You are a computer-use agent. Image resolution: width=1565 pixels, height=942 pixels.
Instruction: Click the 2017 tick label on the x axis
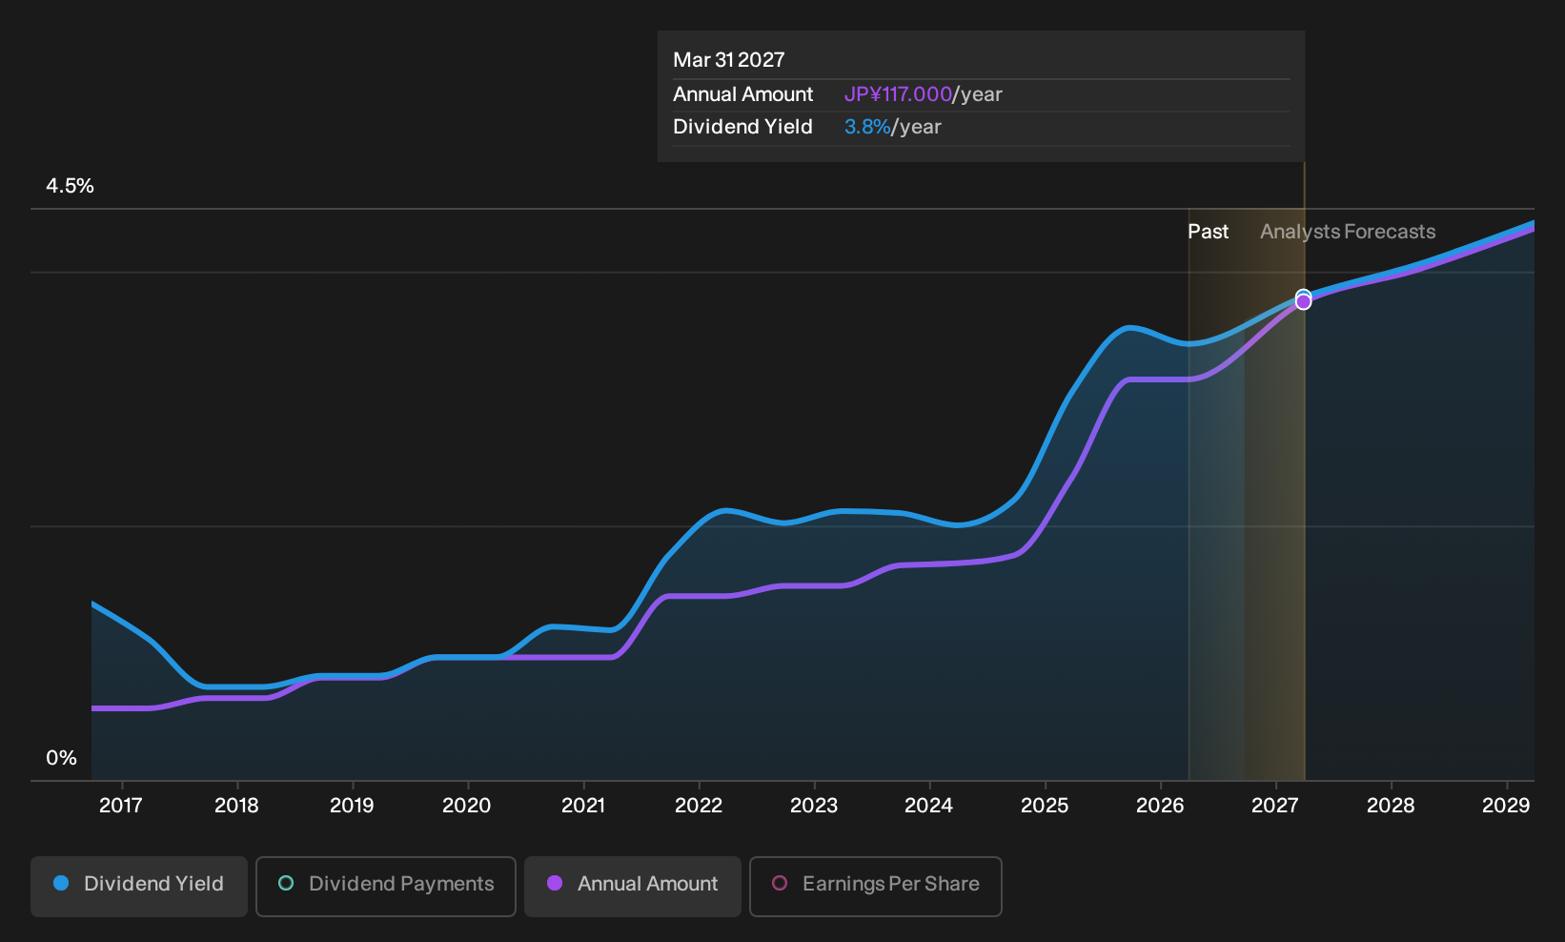(x=121, y=806)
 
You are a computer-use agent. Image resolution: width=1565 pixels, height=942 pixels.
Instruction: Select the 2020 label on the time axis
(x=467, y=806)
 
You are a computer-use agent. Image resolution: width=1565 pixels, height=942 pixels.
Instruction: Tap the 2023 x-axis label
(x=813, y=806)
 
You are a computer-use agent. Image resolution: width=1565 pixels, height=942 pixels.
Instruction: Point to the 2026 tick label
(x=1160, y=806)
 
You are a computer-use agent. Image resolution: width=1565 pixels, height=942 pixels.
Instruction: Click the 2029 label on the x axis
(x=1506, y=806)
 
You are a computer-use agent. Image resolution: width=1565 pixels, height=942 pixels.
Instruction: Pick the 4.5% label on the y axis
(x=70, y=186)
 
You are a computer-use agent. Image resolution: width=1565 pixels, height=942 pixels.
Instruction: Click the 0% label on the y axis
(x=62, y=758)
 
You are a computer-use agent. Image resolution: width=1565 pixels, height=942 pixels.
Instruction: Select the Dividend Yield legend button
(x=139, y=886)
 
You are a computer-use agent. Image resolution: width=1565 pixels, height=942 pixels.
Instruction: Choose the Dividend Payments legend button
(x=386, y=886)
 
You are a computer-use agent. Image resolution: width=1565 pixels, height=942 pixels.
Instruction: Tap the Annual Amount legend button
(x=632, y=886)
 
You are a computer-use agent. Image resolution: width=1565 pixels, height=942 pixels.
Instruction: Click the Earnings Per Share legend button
(x=875, y=886)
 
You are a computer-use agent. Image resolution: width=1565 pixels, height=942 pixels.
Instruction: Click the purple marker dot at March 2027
(x=1303, y=302)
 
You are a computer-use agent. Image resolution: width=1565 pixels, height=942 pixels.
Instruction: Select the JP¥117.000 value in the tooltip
(x=898, y=94)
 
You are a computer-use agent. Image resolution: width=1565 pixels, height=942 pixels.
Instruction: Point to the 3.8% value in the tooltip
(x=867, y=127)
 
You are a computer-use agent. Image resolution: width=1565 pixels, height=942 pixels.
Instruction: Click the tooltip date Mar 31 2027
(x=729, y=60)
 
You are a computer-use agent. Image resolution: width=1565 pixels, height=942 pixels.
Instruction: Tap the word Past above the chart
(x=1208, y=232)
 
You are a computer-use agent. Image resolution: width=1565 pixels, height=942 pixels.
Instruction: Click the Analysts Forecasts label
(x=1348, y=232)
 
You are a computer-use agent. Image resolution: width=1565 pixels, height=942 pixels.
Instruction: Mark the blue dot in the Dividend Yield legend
(x=62, y=883)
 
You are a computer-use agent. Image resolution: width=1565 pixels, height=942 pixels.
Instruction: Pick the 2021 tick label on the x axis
(x=583, y=806)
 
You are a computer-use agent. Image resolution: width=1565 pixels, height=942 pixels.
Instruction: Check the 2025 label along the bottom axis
(x=1045, y=806)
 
